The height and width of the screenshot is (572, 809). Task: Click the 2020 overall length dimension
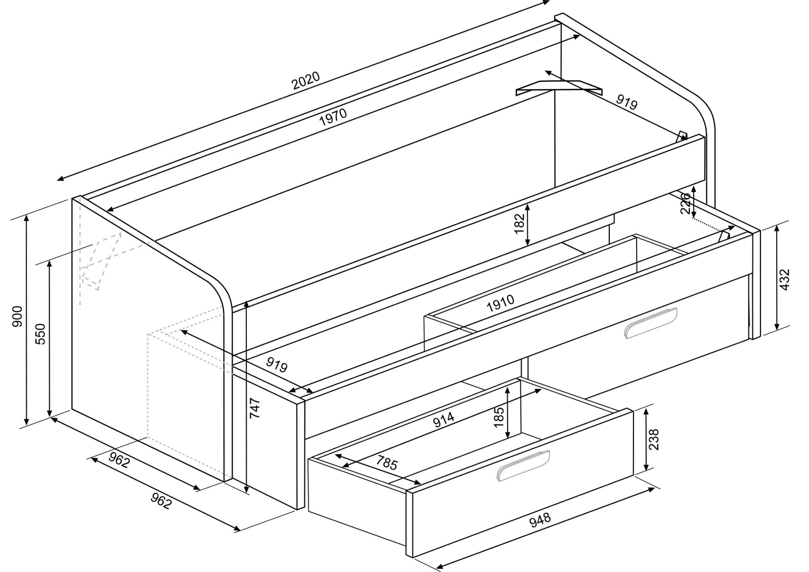click(x=306, y=81)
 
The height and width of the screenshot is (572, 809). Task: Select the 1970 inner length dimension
click(x=333, y=117)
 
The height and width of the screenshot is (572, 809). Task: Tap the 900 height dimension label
click(x=17, y=316)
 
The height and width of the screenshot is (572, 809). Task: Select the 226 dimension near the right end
click(x=686, y=203)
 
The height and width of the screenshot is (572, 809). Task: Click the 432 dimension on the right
click(x=784, y=279)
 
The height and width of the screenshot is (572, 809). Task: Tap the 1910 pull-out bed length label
click(x=500, y=303)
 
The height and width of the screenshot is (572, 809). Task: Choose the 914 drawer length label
click(x=443, y=419)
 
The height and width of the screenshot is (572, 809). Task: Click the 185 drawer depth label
click(x=499, y=416)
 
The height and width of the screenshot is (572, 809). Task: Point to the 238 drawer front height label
click(x=654, y=439)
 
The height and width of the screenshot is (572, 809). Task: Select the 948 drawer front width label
click(x=540, y=520)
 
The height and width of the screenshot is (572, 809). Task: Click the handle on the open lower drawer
click(x=523, y=465)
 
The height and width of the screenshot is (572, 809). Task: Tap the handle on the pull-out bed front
click(x=650, y=323)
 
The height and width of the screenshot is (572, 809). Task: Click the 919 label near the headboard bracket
click(x=626, y=103)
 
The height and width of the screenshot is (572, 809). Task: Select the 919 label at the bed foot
click(x=277, y=365)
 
